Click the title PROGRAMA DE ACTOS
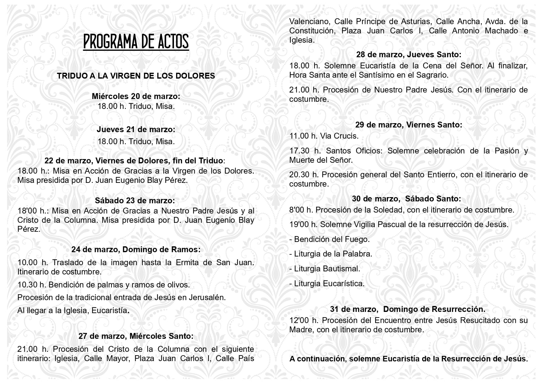click(x=136, y=42)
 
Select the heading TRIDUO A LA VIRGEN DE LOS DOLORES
click(x=136, y=76)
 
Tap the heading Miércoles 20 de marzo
click(x=136, y=96)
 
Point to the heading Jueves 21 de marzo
click(x=136, y=129)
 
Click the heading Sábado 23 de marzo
click(x=135, y=201)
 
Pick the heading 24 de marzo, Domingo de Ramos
click(x=136, y=249)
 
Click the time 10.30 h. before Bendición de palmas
click(x=32, y=285)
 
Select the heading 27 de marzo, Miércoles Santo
click(x=136, y=336)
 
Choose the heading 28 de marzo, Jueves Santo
click(x=409, y=54)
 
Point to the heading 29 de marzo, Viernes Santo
click(x=409, y=125)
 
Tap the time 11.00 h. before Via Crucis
click(x=303, y=136)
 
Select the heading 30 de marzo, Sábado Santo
click(x=406, y=199)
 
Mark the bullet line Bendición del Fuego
click(x=329, y=239)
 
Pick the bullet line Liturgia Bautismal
click(x=325, y=269)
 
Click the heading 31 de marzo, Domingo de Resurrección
click(x=408, y=309)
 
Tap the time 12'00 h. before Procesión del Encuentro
click(x=304, y=320)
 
